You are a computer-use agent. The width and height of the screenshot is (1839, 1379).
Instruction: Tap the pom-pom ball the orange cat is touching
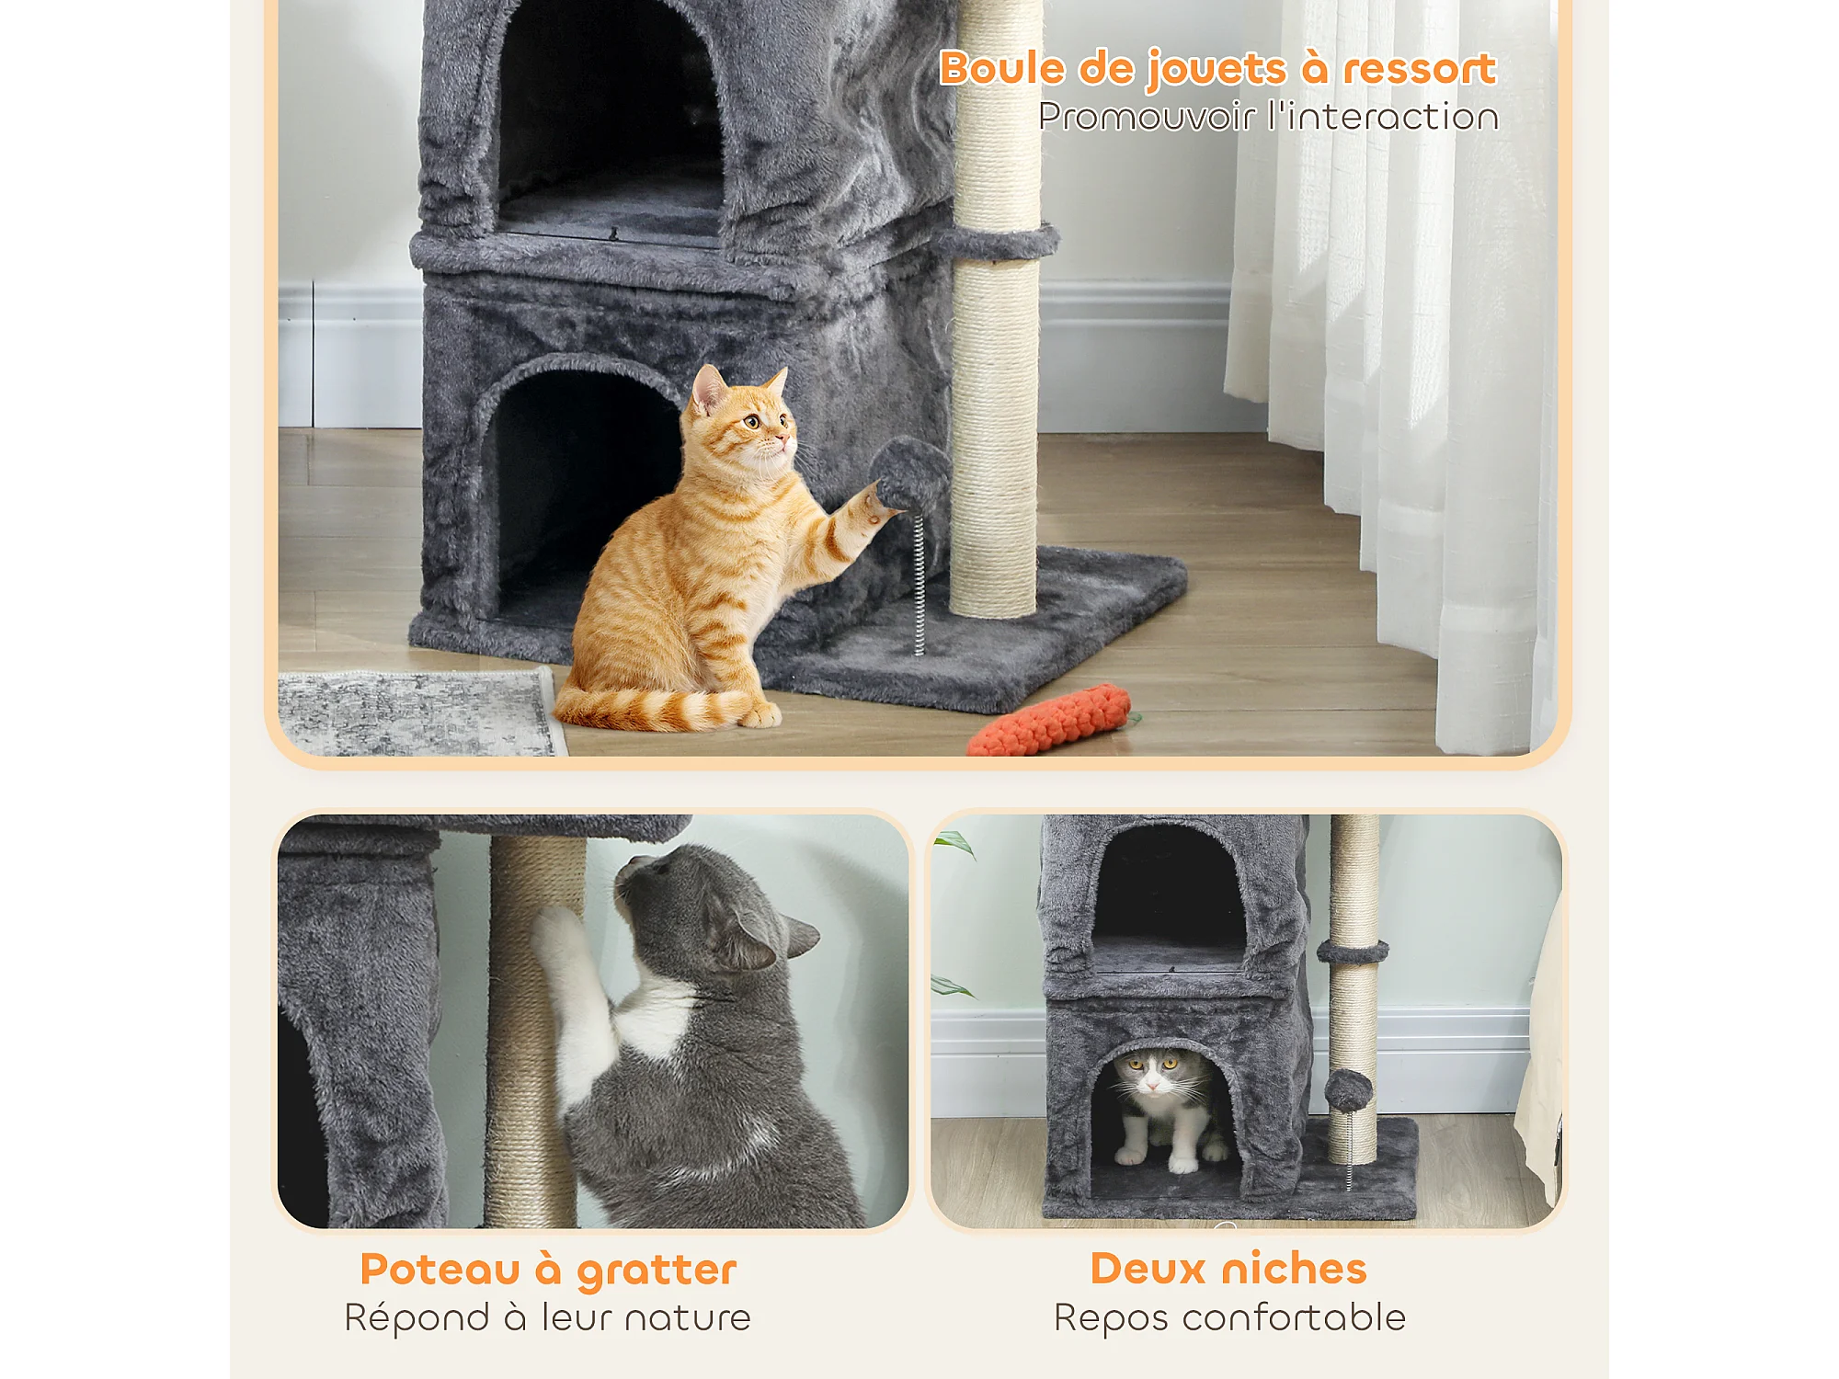[910, 474]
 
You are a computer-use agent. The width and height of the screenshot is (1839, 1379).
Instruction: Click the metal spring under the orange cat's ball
[919, 584]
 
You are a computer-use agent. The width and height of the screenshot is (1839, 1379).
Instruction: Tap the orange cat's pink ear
[707, 390]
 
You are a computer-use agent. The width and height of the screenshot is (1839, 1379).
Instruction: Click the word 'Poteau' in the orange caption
[440, 1270]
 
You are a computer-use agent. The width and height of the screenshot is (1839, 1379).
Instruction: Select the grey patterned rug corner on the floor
[418, 713]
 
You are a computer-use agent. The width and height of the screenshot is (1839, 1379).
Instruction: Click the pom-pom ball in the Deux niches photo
[1349, 1089]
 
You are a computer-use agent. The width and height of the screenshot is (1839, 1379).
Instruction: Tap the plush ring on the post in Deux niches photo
[1353, 952]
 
